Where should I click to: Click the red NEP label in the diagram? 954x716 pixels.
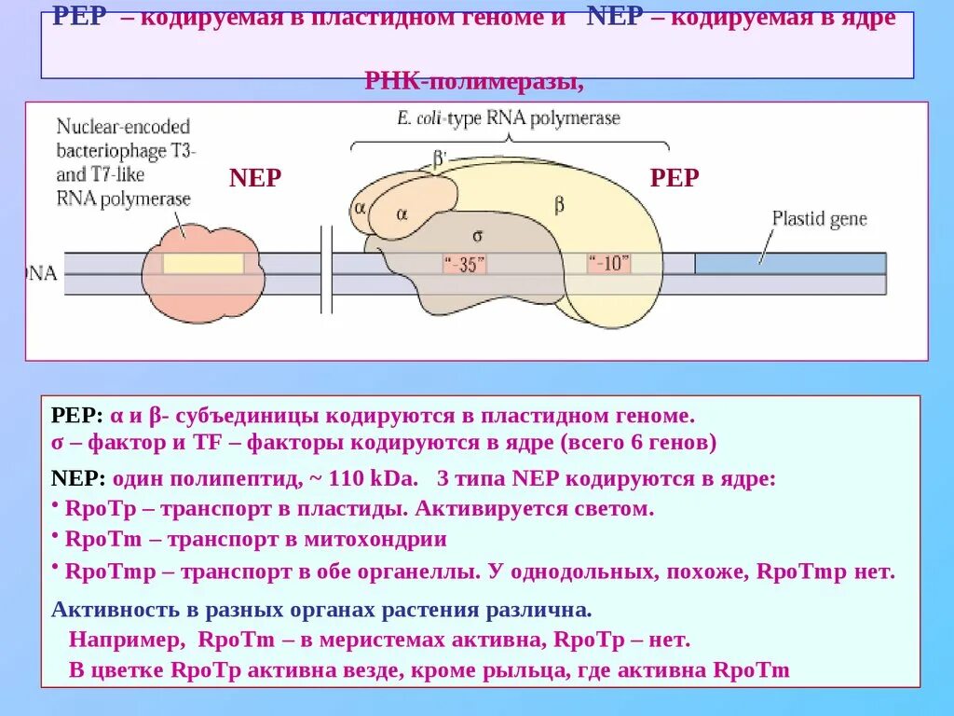254,178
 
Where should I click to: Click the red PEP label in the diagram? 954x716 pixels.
674,178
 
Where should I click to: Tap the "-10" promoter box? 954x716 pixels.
608,264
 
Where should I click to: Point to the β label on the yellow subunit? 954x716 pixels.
559,205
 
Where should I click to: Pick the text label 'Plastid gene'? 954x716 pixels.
819,219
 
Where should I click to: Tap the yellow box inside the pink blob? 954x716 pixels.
203,263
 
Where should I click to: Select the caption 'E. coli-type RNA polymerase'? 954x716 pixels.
508,118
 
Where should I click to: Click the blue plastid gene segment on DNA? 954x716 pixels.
789,264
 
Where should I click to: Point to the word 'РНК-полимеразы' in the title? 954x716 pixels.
474,82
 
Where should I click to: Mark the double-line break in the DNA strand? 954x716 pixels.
326,270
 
